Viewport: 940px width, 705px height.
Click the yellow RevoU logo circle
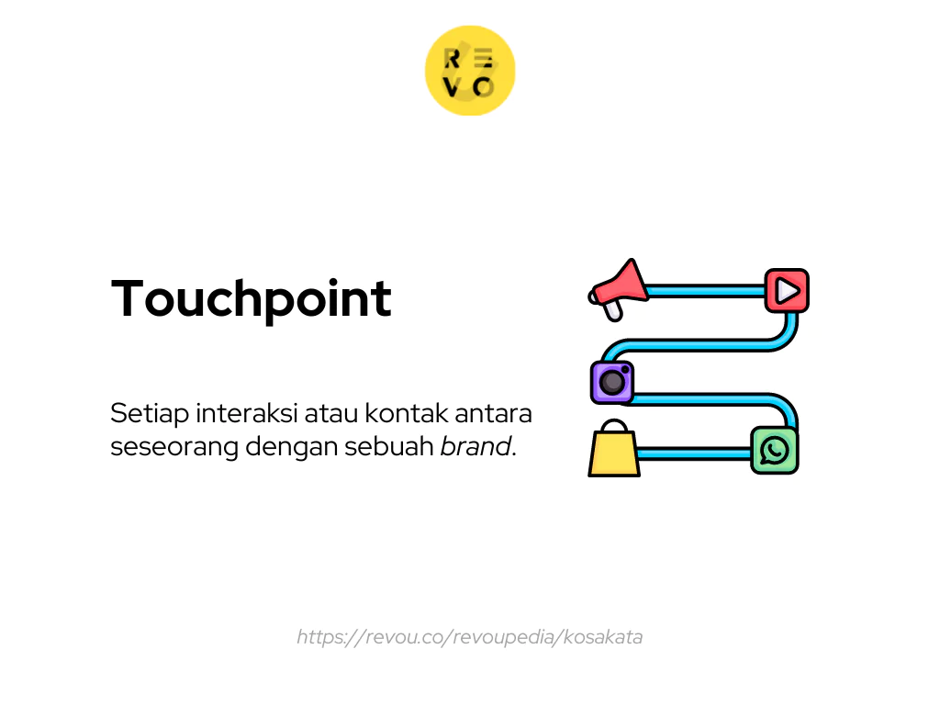tap(470, 71)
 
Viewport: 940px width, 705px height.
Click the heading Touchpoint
tap(252, 298)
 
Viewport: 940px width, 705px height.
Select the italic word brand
tap(475, 448)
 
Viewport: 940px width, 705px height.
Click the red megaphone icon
tap(618, 288)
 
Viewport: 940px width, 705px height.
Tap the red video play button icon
tap(787, 291)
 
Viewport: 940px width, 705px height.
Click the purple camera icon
tap(612, 382)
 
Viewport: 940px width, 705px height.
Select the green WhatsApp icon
tap(775, 450)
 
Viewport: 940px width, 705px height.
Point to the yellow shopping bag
tap(614, 453)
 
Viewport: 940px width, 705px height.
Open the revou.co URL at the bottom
tap(469, 637)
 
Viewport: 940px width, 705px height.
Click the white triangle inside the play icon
tap(788, 291)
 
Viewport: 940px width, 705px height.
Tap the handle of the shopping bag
tap(613, 427)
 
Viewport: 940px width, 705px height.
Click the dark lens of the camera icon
tap(612, 383)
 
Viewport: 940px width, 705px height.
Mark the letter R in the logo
tap(453, 59)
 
